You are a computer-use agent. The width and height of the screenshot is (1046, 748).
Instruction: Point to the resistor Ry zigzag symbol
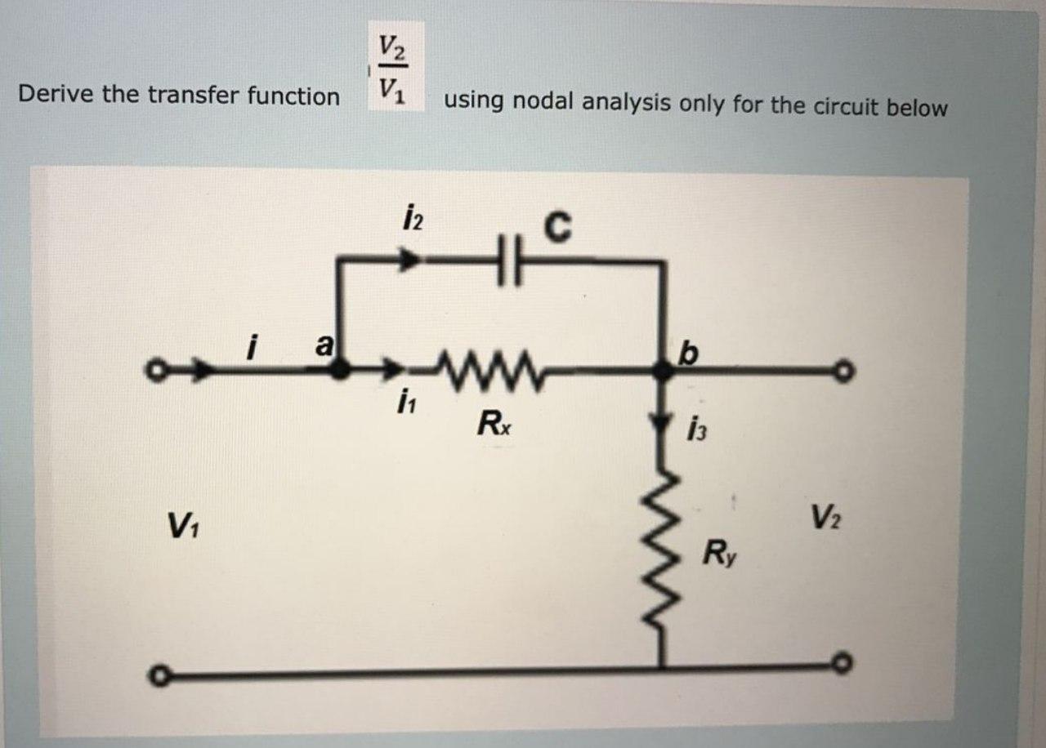(x=668, y=542)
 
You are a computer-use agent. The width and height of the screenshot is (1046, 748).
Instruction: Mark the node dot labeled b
(x=665, y=372)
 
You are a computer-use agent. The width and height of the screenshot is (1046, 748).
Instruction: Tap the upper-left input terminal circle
(x=154, y=372)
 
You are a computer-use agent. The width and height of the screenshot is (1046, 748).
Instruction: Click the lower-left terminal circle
(x=160, y=675)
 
